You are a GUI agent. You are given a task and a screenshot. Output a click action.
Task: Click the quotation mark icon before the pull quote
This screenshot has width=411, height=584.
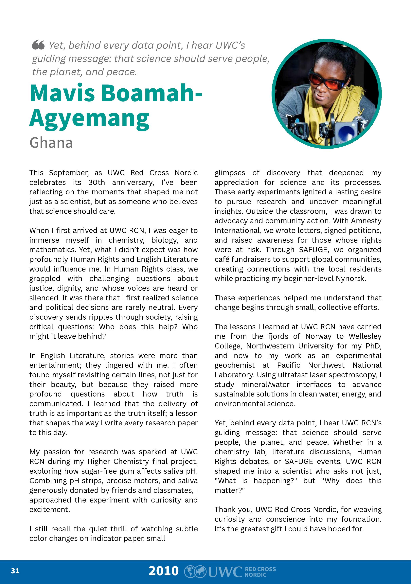point(38,45)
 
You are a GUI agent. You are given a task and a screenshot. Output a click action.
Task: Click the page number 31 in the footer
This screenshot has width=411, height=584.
point(15,571)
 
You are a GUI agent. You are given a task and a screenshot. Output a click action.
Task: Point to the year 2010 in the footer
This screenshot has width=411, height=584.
point(164,571)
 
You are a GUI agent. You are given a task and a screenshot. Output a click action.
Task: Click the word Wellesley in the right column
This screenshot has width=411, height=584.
point(365,336)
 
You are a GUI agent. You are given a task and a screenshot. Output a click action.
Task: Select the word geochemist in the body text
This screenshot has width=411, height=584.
point(235,365)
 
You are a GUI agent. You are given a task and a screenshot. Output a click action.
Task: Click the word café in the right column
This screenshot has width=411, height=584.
point(222,259)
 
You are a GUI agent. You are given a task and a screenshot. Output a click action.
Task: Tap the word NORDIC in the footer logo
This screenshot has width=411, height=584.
point(255,574)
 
